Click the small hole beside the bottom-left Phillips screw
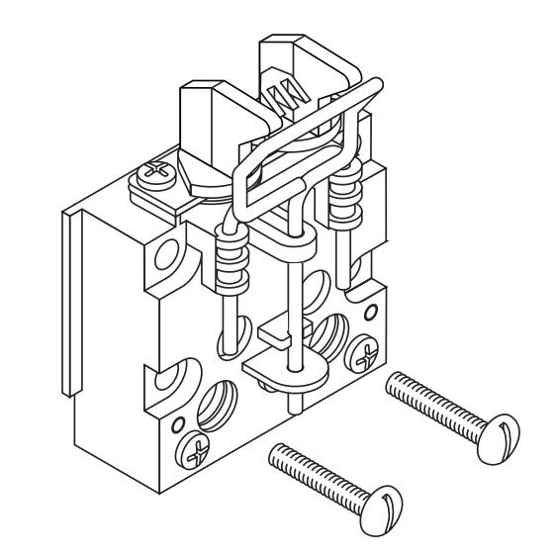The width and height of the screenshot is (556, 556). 177,426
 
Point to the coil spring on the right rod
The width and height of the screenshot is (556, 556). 344,193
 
